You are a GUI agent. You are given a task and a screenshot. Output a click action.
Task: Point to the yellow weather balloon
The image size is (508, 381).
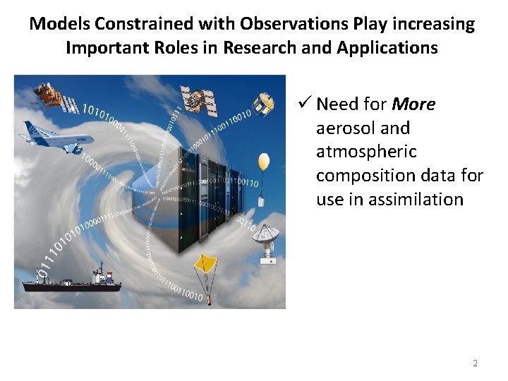pyautogui.click(x=264, y=162)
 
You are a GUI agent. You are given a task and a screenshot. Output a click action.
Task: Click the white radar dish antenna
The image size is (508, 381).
pyautogui.click(x=268, y=240)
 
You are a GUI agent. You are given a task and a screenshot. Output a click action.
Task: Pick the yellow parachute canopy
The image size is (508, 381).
pyautogui.click(x=204, y=263)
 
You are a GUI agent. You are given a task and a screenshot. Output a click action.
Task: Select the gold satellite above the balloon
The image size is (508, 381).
pyautogui.click(x=262, y=104)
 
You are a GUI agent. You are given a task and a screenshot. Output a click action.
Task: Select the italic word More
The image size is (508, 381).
pyautogui.click(x=413, y=104)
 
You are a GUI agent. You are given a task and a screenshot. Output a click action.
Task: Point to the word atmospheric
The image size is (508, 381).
pyautogui.click(x=366, y=152)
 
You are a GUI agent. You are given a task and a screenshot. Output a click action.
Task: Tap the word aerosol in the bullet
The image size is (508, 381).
pyautogui.click(x=343, y=128)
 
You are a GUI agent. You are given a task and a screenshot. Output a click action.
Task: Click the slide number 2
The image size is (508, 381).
pyautogui.click(x=474, y=363)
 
